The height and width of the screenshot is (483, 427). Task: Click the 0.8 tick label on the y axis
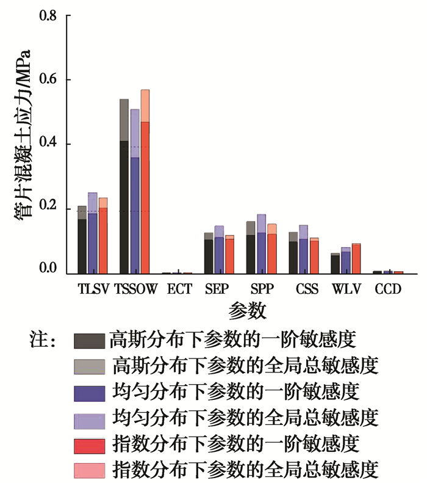48,15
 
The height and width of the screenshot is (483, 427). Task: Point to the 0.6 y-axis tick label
48,79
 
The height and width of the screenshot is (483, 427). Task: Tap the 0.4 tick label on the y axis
48,144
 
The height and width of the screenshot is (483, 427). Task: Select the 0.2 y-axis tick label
48,208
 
